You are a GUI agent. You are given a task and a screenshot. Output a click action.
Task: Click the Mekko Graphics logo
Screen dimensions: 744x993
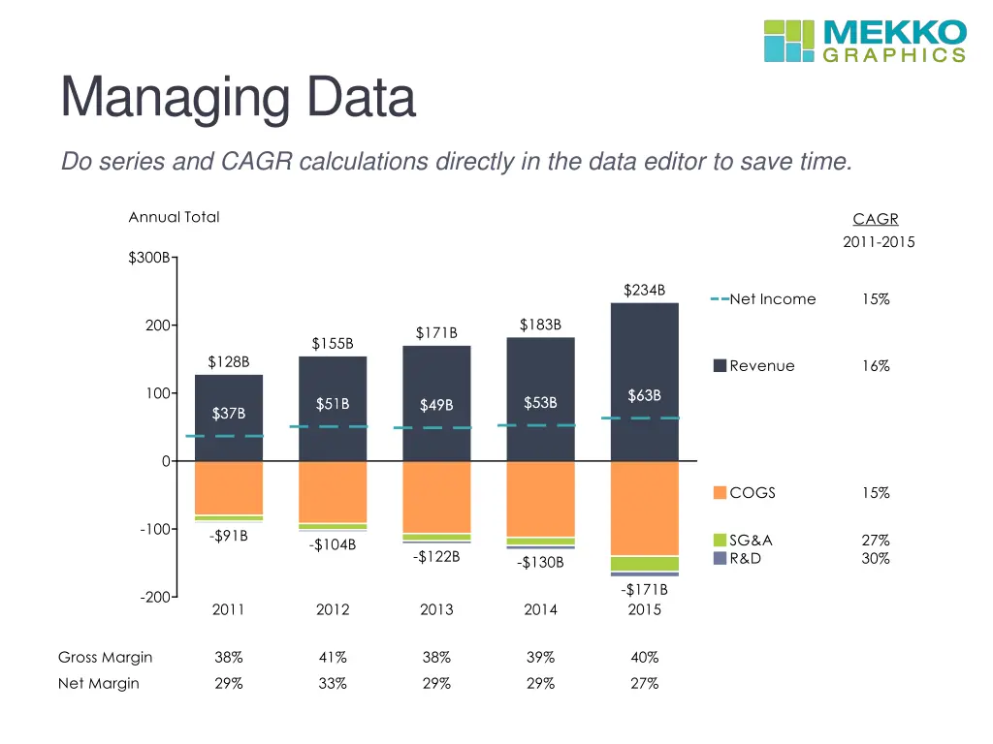tap(864, 41)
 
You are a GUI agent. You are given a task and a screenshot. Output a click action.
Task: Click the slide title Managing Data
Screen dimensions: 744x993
tap(238, 98)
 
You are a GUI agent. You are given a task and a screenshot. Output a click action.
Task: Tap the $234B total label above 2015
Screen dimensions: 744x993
tap(644, 290)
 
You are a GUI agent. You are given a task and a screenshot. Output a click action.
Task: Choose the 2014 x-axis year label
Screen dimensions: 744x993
tap(540, 609)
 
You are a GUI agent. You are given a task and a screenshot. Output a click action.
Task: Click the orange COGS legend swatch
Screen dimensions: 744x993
tap(720, 493)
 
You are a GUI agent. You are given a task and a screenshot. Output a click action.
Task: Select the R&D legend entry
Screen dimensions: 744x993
tap(747, 559)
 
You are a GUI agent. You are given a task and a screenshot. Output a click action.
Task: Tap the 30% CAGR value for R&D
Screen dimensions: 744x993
tap(876, 559)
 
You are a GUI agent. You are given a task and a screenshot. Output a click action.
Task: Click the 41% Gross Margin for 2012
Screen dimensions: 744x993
tap(333, 657)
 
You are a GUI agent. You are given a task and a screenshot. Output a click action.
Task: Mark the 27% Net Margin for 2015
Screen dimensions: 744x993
tap(644, 683)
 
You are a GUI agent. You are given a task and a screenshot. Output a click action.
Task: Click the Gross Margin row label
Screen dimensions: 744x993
tap(106, 657)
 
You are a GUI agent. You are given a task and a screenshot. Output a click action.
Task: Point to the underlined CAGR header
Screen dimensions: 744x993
tap(876, 220)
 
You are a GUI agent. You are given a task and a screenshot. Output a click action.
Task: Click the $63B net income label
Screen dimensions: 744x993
tap(644, 395)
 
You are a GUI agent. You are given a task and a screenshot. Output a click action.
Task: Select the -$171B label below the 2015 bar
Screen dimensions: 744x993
tap(644, 589)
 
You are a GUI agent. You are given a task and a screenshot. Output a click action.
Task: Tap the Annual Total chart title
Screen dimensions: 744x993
tap(175, 217)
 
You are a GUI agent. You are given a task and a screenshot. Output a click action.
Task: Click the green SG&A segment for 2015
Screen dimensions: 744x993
tap(644, 563)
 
